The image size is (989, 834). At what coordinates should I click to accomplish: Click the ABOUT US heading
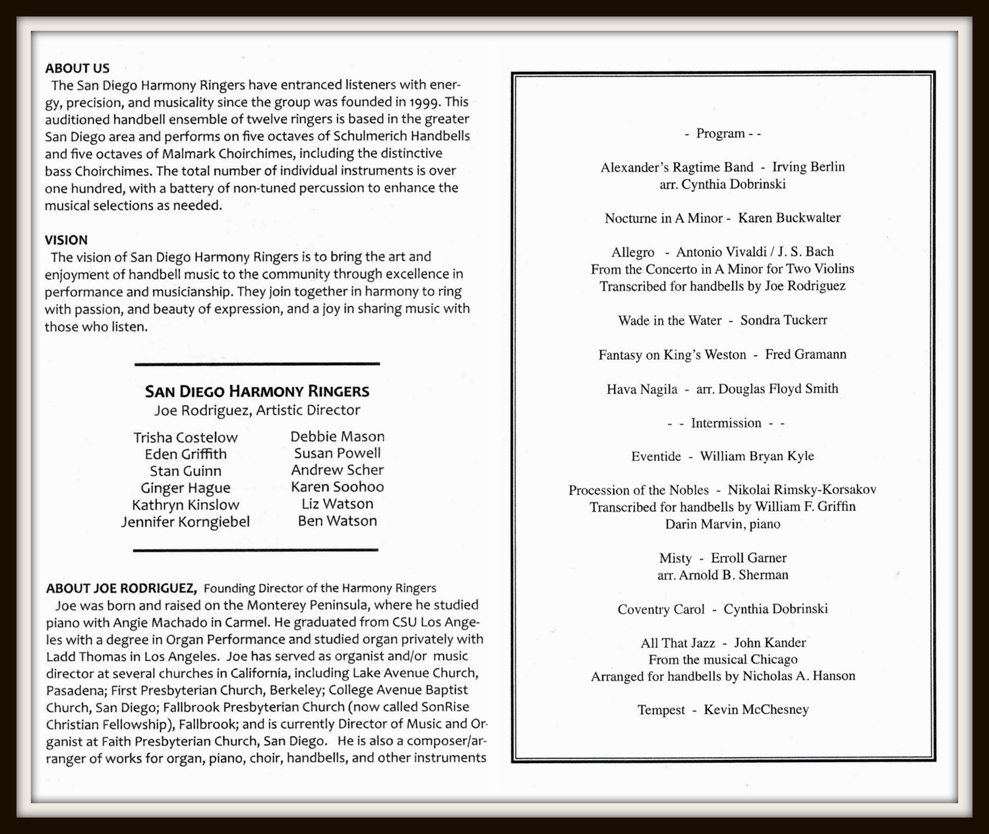point(77,68)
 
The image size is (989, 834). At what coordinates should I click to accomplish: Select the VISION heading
point(66,240)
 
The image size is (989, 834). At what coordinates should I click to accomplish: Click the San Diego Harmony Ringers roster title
point(257,392)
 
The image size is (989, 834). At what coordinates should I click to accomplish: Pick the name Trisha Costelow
point(185,438)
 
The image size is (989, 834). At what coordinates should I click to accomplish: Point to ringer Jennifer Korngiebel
point(185,522)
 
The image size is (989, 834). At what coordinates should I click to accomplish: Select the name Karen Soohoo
point(337,487)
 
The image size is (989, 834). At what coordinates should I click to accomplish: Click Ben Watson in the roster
point(337,521)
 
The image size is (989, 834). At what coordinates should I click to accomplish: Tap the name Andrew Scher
point(337,470)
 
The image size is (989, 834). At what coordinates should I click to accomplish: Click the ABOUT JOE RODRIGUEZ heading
point(121,588)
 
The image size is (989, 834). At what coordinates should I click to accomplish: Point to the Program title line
point(723,133)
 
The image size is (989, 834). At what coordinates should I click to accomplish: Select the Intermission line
point(726,423)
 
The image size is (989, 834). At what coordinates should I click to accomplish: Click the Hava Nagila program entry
point(723,389)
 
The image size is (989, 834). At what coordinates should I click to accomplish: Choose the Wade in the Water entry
point(723,320)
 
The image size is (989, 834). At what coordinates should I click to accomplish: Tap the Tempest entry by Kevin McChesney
point(723,710)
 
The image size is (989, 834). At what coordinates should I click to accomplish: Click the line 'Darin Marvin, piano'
point(723,524)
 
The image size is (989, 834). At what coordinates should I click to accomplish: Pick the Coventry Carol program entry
point(723,609)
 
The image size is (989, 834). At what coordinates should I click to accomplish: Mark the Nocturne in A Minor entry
point(723,218)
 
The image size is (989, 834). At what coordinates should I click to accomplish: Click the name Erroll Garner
point(748,558)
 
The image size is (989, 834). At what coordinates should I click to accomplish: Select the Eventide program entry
point(723,456)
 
